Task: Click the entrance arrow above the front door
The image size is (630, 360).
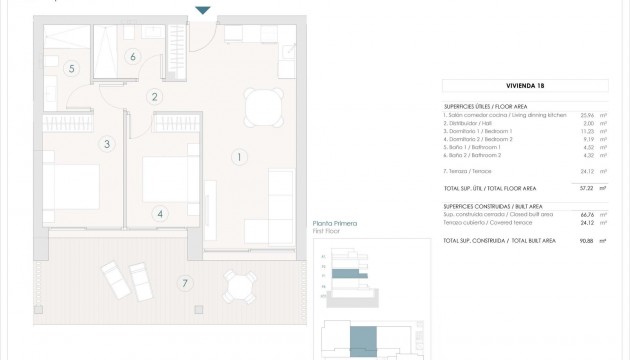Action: click(203, 11)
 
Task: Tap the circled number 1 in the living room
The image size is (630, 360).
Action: click(238, 156)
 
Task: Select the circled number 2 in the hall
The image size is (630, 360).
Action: click(155, 97)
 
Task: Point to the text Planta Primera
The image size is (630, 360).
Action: click(335, 223)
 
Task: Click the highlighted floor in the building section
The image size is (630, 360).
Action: click(344, 273)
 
